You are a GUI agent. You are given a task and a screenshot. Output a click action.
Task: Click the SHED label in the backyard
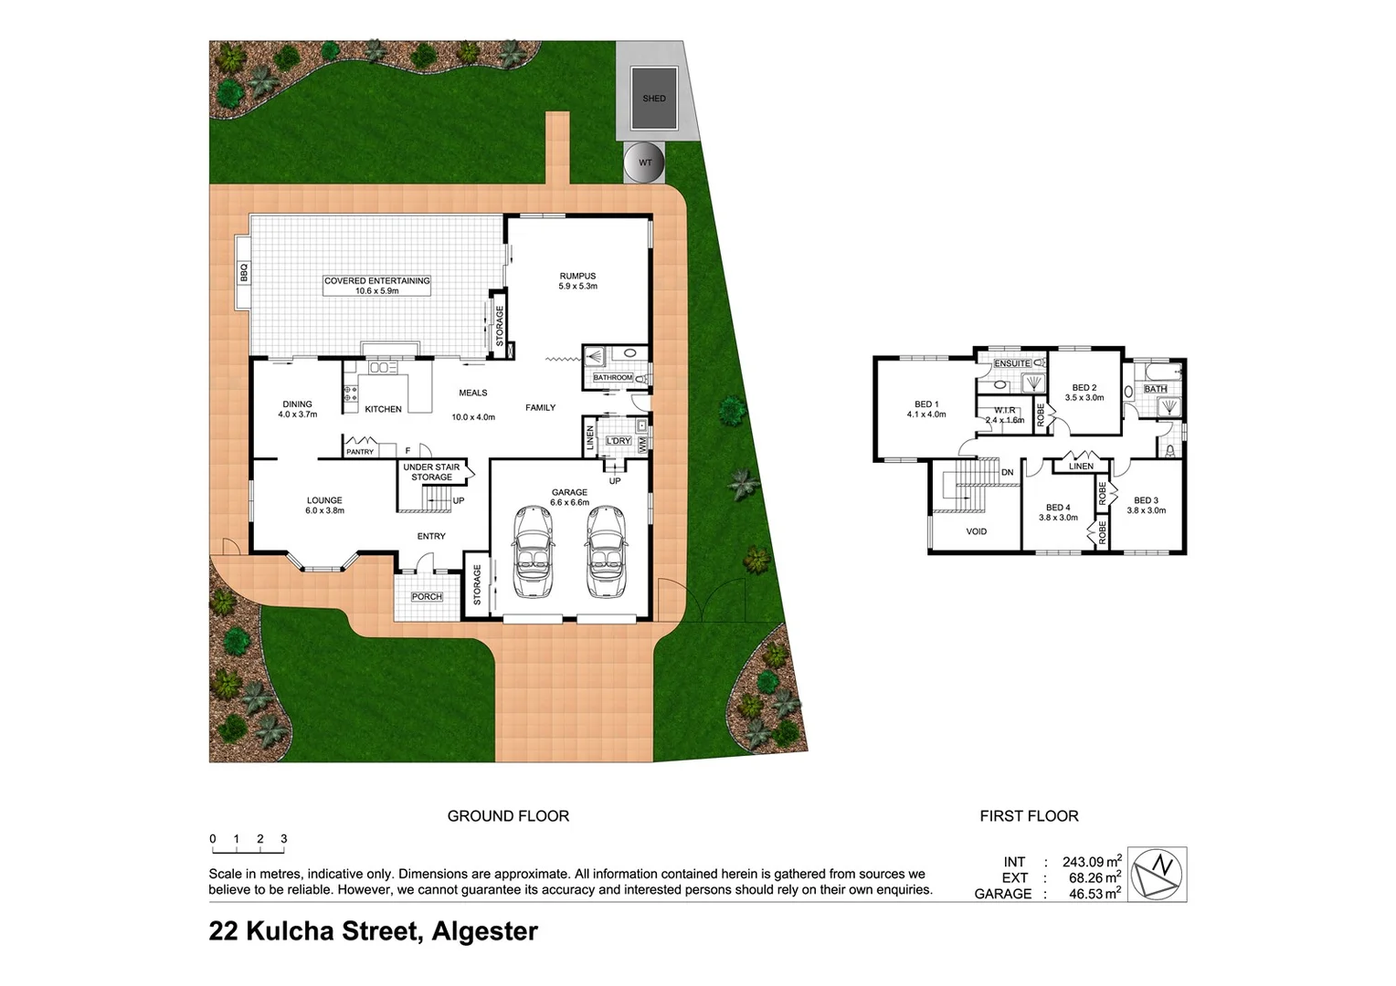tap(654, 99)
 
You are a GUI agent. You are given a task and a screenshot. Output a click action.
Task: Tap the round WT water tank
tap(645, 163)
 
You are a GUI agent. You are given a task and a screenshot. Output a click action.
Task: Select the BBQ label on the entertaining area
tap(244, 272)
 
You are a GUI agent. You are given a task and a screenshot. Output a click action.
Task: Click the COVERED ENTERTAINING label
tap(376, 281)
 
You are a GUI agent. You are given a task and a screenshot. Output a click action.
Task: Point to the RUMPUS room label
tap(577, 276)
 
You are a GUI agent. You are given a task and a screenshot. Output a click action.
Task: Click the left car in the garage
tap(533, 551)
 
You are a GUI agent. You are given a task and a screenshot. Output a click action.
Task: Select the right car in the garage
tap(604, 551)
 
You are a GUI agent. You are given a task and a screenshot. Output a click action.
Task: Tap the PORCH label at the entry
tap(427, 597)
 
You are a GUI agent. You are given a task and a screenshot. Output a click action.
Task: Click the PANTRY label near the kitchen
tap(360, 452)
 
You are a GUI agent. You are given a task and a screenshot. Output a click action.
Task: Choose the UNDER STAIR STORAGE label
tap(431, 472)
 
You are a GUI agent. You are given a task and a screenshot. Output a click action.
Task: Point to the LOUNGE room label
tap(324, 500)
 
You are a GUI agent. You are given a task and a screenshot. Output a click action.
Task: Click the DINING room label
tap(297, 404)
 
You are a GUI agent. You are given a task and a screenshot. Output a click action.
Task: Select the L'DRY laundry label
tap(619, 441)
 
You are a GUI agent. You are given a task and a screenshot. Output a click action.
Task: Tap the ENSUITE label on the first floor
tap(1011, 363)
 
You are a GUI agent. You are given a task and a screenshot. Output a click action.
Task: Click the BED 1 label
tap(926, 404)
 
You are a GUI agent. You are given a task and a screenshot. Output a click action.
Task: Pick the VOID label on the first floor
tap(976, 531)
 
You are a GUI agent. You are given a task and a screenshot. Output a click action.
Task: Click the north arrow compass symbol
tap(1158, 874)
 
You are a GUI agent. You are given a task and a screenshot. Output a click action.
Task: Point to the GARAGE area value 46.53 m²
tap(1095, 894)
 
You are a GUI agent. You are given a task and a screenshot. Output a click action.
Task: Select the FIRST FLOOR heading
tap(1029, 816)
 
